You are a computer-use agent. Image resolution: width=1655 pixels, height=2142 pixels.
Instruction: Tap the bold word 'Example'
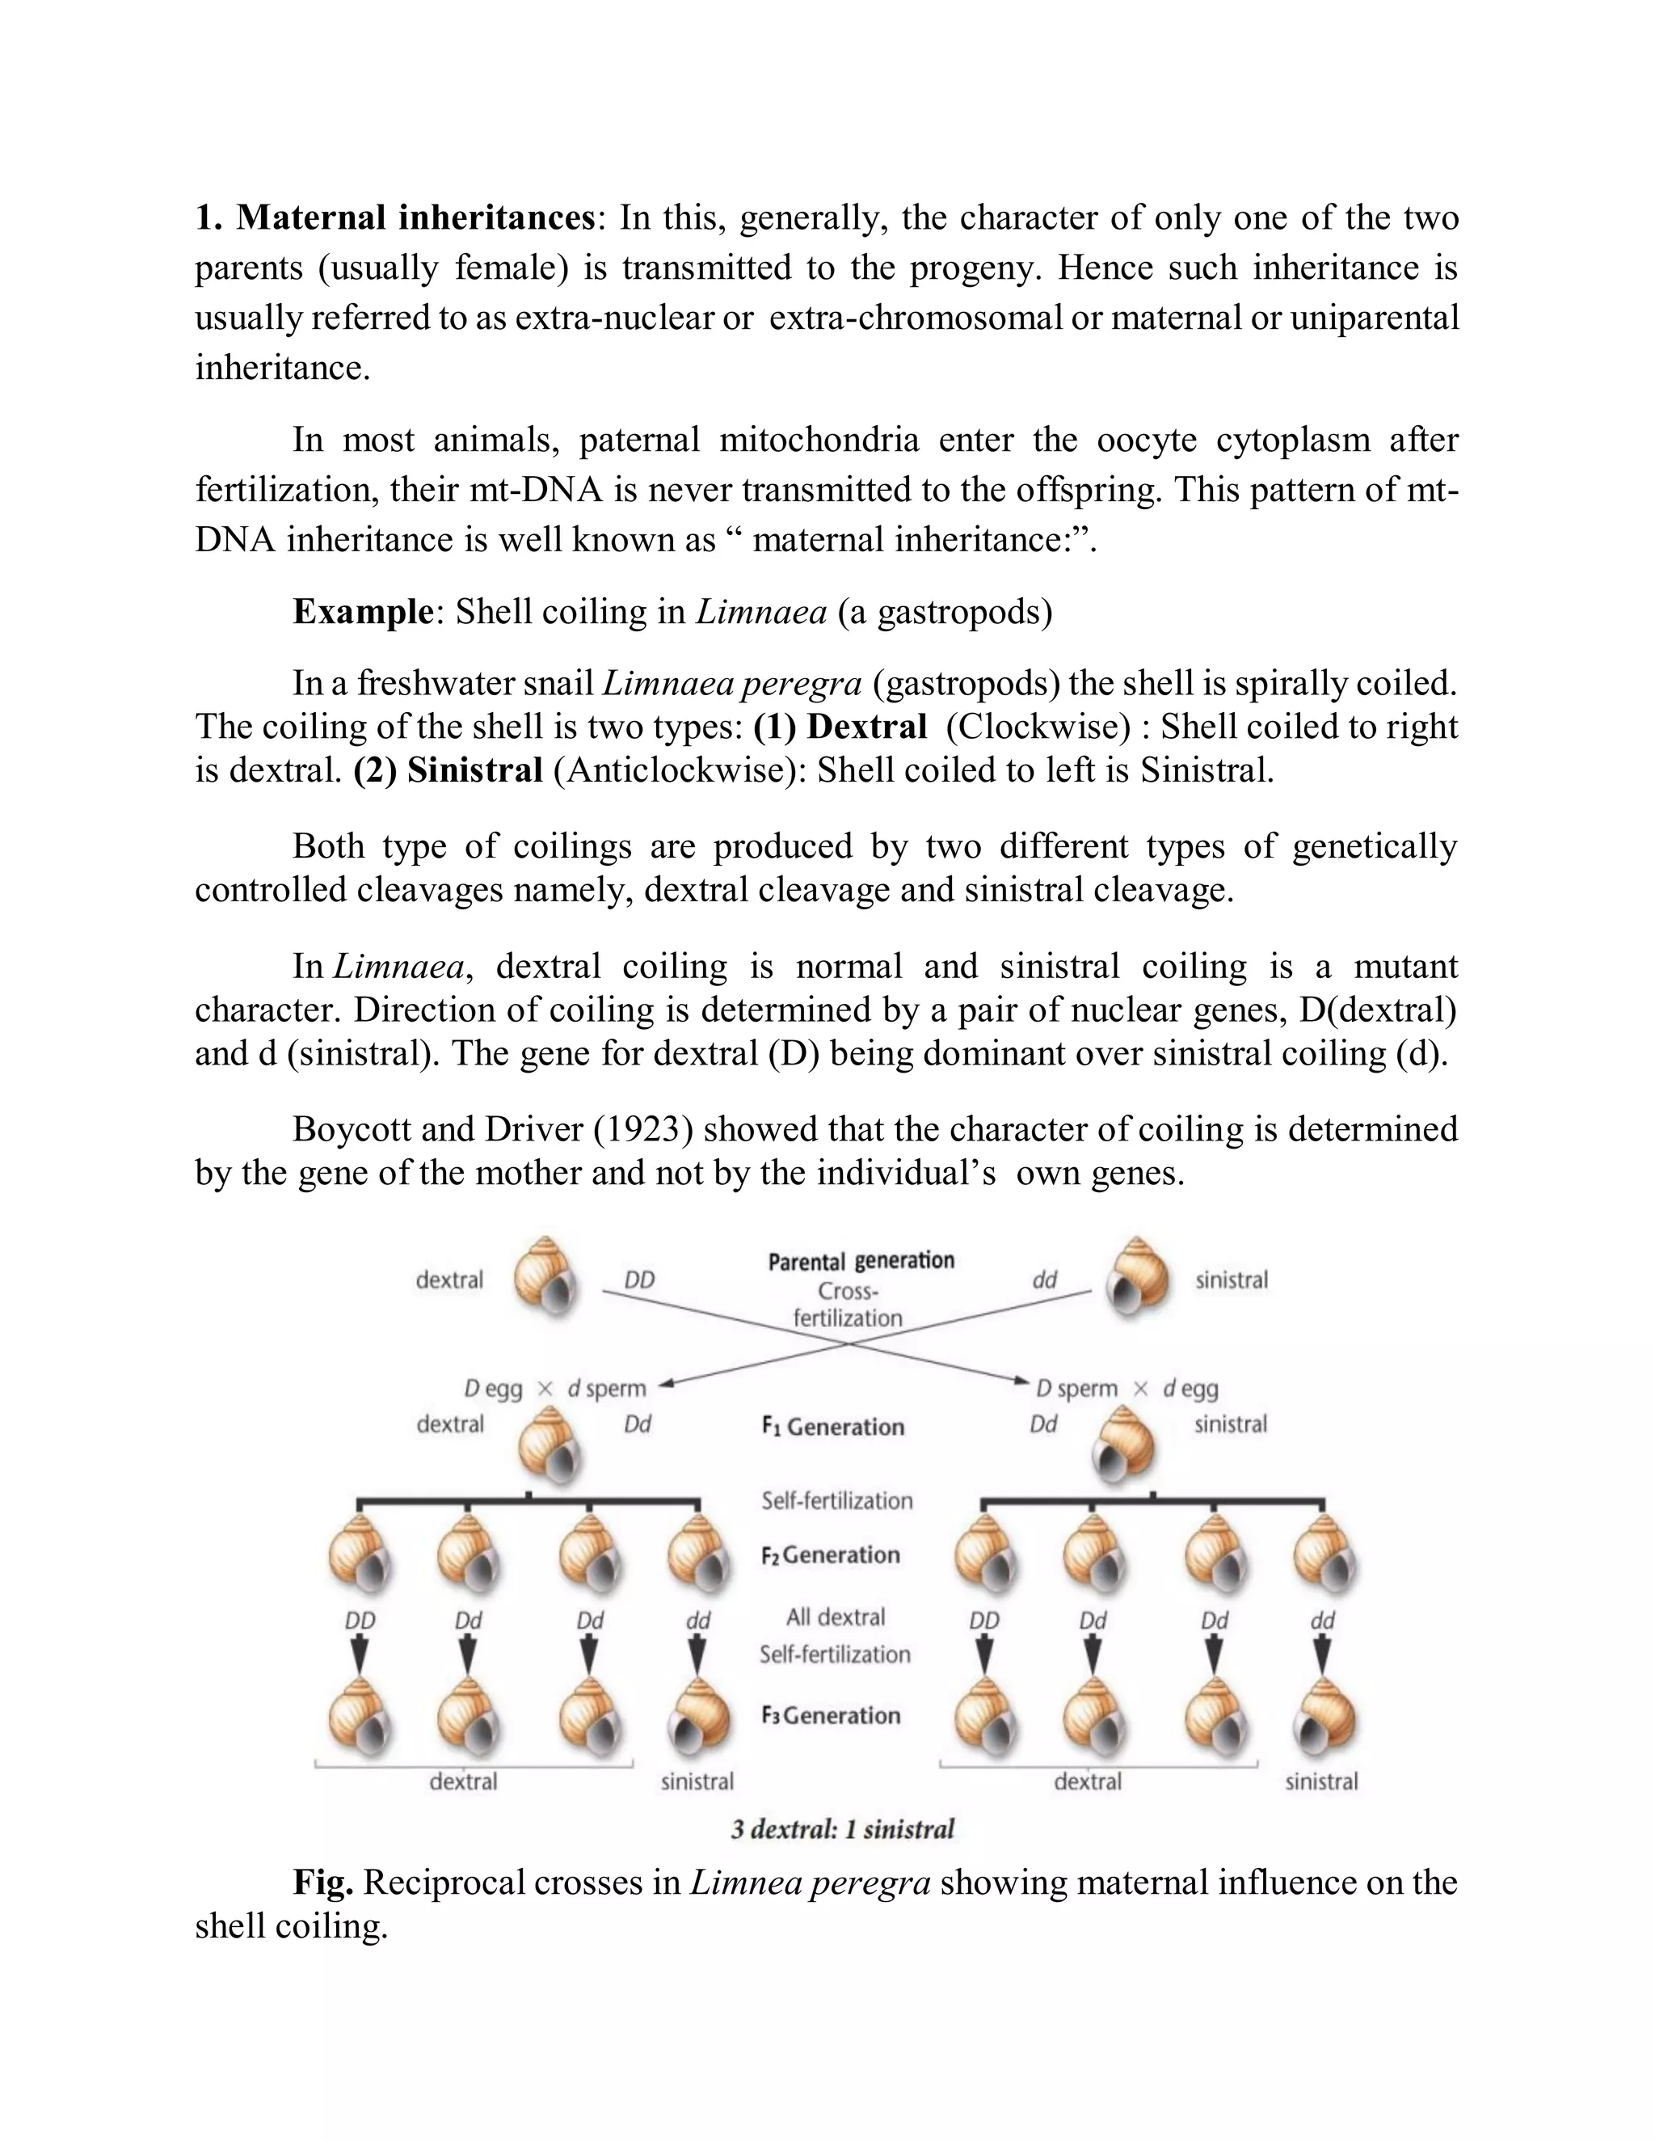pos(363,612)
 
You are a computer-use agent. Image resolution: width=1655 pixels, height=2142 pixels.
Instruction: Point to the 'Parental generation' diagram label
pos(861,1260)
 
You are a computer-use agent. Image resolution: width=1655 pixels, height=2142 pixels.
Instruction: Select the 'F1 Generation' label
pos(832,1426)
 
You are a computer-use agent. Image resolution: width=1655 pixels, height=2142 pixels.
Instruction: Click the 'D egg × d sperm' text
pos(555,1389)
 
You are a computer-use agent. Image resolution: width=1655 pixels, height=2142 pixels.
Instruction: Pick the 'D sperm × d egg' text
pos(1126,1389)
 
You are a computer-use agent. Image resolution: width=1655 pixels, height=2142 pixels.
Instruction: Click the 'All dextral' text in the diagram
pos(836,1617)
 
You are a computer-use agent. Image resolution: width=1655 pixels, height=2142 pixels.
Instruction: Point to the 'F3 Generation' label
pos(831,1715)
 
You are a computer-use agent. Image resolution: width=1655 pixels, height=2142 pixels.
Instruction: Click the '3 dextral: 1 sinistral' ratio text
pos(842,1829)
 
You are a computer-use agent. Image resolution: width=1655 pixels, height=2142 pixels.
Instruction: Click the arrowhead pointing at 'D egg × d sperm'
pos(667,1384)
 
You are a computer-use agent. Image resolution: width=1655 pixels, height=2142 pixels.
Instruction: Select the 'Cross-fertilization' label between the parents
pos(848,1305)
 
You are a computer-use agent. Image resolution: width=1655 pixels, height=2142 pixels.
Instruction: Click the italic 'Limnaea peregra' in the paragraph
pos(731,684)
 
